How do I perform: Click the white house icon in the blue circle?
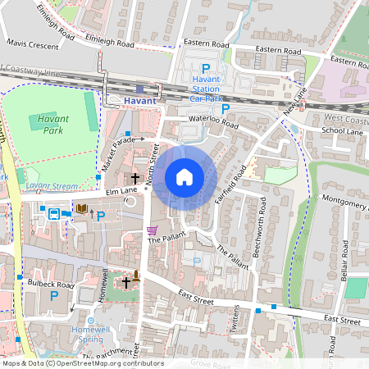(x=184, y=176)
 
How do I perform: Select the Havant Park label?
(x=53, y=124)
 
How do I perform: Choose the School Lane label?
(x=342, y=130)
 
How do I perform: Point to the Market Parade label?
(x=117, y=153)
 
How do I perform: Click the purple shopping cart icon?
(x=151, y=230)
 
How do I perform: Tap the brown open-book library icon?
(x=81, y=209)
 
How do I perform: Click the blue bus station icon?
(x=53, y=214)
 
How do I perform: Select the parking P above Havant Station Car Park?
(x=206, y=70)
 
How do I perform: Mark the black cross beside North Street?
(x=134, y=178)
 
